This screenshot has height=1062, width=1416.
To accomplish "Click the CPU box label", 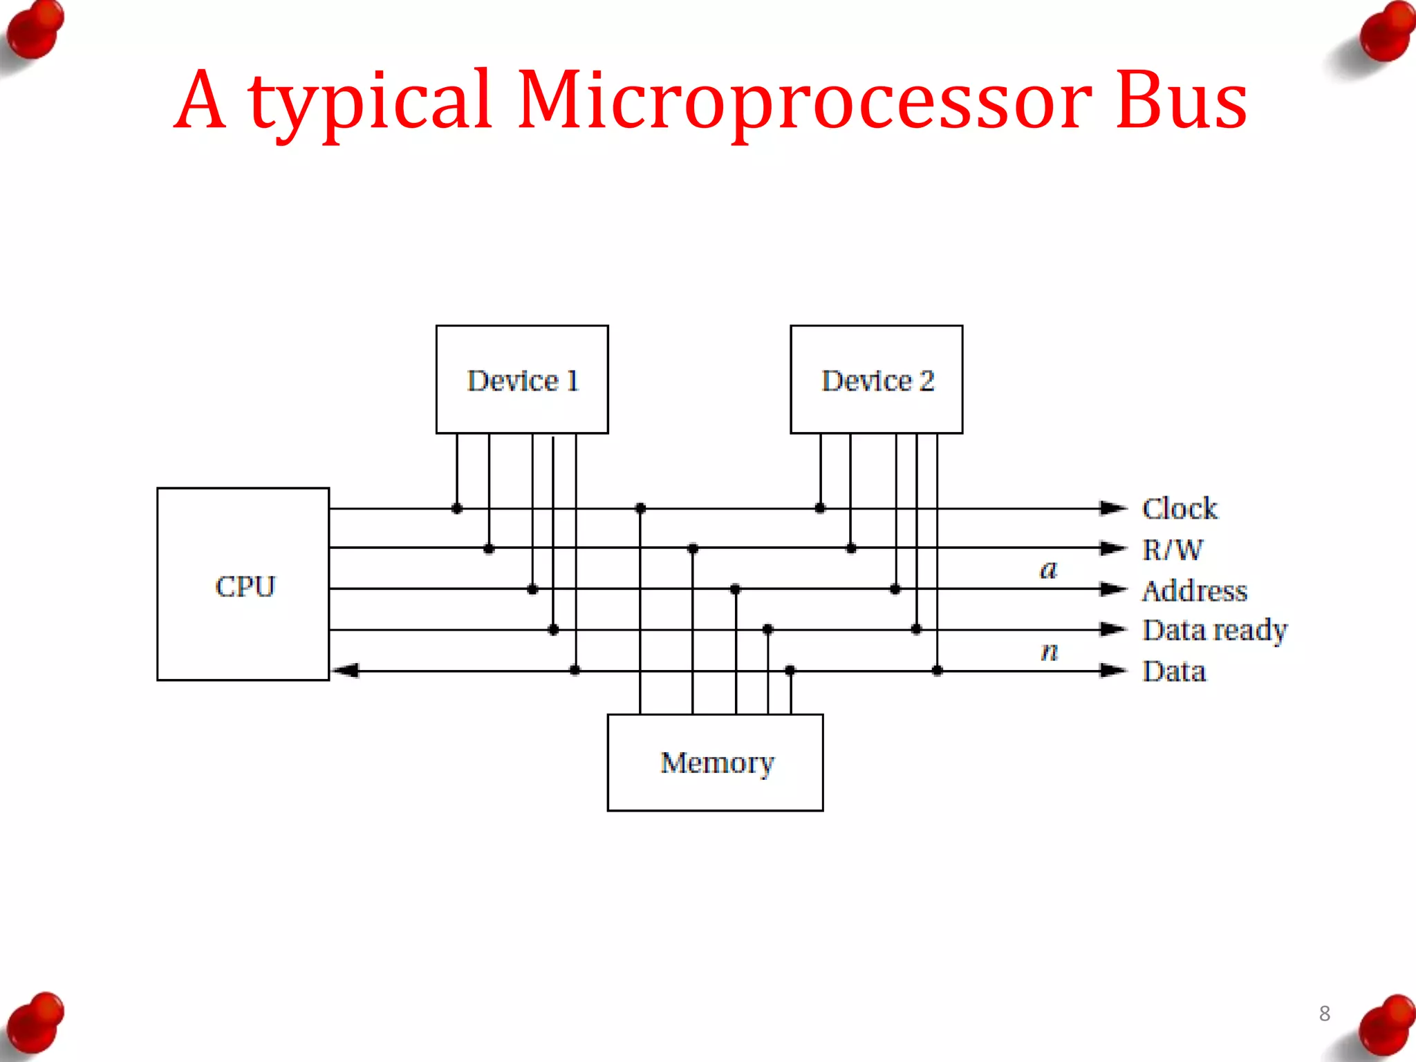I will [x=245, y=586].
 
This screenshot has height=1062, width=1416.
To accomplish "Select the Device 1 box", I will [x=522, y=380].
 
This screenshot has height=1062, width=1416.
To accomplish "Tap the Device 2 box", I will [x=876, y=380].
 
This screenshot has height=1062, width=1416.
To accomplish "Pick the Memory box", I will [x=715, y=762].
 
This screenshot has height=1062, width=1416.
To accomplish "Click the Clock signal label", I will [x=1179, y=508].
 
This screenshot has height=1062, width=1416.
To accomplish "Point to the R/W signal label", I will [x=1172, y=550].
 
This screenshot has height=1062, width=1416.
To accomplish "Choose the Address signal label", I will [x=1194, y=590].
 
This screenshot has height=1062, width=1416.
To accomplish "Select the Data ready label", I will [x=1214, y=630].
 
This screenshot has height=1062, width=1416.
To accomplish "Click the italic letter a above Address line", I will [x=1048, y=570].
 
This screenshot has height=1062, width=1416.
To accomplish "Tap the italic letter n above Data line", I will [x=1049, y=651].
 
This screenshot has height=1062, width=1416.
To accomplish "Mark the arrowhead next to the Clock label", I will [x=1112, y=508].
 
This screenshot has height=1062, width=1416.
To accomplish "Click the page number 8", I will [x=1324, y=1013].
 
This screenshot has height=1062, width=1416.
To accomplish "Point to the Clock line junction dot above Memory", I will [x=640, y=508].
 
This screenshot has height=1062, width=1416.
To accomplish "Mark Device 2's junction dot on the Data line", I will [x=937, y=670].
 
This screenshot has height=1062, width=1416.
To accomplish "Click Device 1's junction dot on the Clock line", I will [x=456, y=508].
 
